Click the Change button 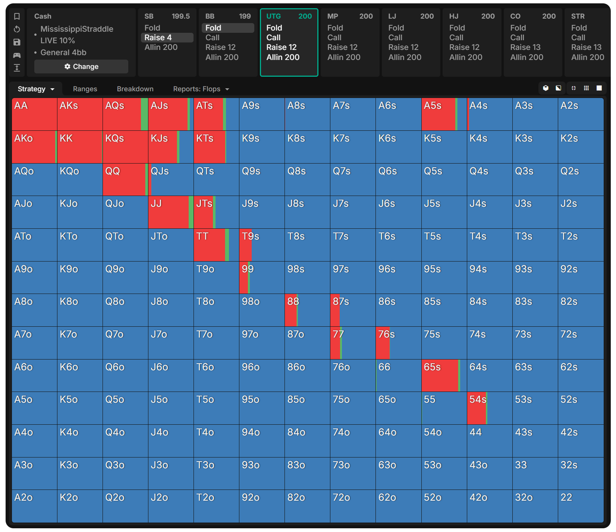(81, 67)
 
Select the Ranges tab (85, 89)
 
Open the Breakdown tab (135, 89)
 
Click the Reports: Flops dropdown (201, 89)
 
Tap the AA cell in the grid (34, 114)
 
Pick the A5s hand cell (444, 114)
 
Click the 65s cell (444, 376)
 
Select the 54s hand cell (489, 408)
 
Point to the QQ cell (125, 180)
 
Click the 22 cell (580, 506)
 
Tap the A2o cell (34, 506)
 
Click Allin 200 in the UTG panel (283, 57)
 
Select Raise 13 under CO (525, 47)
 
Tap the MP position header (333, 16)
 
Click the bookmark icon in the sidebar (17, 16)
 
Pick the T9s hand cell (262, 245)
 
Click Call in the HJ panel (456, 38)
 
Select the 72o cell (353, 506)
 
